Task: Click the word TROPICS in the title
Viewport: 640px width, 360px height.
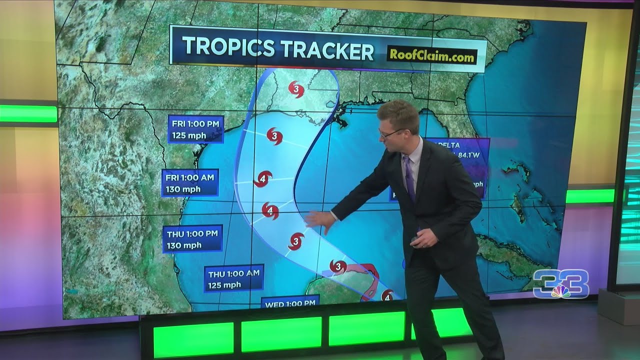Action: click(x=227, y=48)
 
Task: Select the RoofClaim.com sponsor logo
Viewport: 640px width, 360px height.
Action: click(x=431, y=56)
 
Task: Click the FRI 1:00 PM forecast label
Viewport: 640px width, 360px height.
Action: click(x=195, y=129)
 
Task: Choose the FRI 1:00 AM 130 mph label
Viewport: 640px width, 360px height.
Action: click(x=189, y=182)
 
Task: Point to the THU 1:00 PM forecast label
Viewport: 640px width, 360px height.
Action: click(x=192, y=238)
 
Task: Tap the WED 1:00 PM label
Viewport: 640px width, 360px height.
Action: click(x=290, y=303)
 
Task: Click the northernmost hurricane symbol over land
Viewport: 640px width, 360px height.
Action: click(x=296, y=89)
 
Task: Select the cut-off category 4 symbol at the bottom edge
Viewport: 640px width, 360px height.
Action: click(x=387, y=297)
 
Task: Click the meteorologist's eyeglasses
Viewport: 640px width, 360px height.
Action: click(x=388, y=133)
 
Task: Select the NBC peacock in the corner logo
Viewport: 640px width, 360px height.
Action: click(x=560, y=292)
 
